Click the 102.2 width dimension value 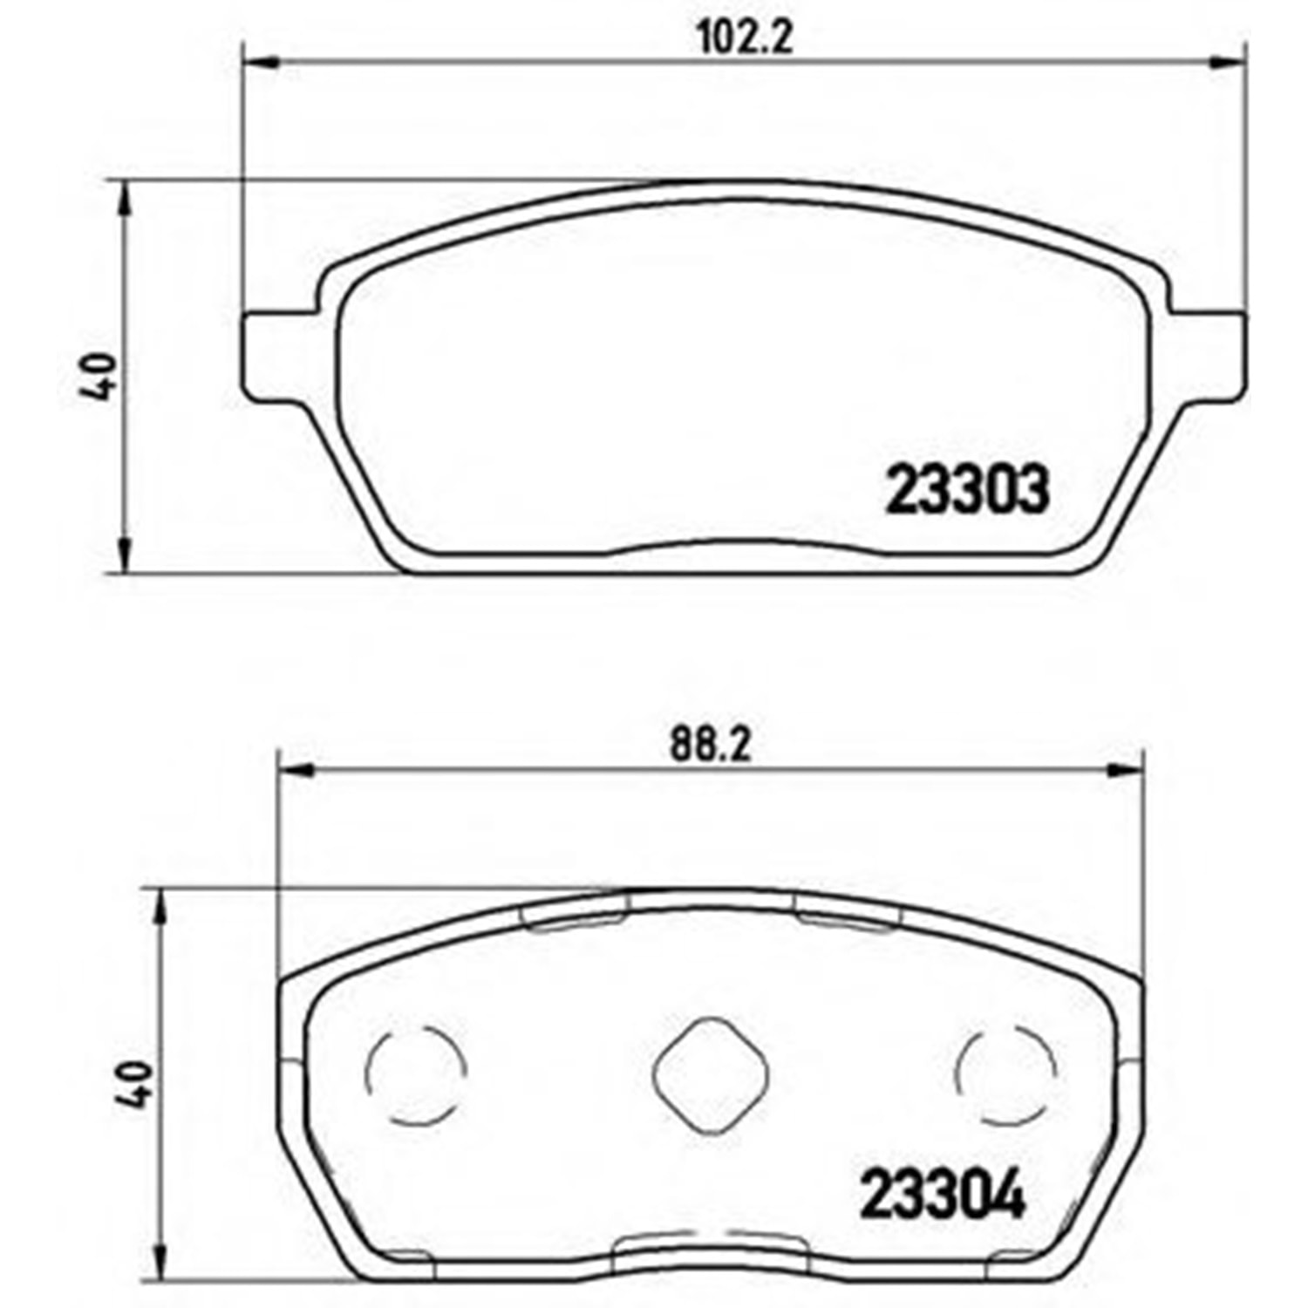tap(745, 37)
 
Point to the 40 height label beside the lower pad tap(136, 1083)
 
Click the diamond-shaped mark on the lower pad tap(711, 1075)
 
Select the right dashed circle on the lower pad tap(1007, 1073)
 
